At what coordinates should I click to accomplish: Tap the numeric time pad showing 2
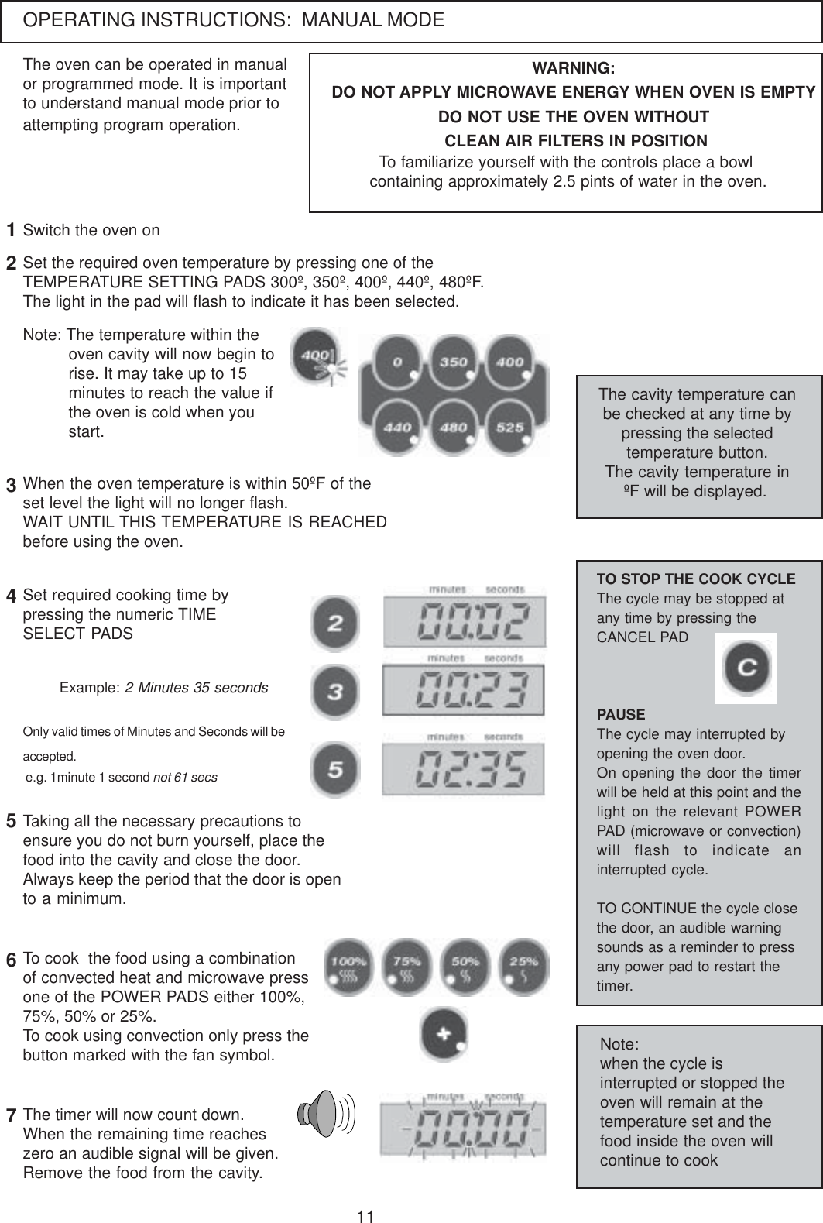[x=334, y=624]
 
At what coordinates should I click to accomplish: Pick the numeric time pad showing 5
[x=334, y=771]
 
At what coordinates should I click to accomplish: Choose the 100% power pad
[x=348, y=967]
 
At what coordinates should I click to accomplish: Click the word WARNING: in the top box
[x=574, y=68]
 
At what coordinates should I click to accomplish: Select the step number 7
[x=12, y=1117]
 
